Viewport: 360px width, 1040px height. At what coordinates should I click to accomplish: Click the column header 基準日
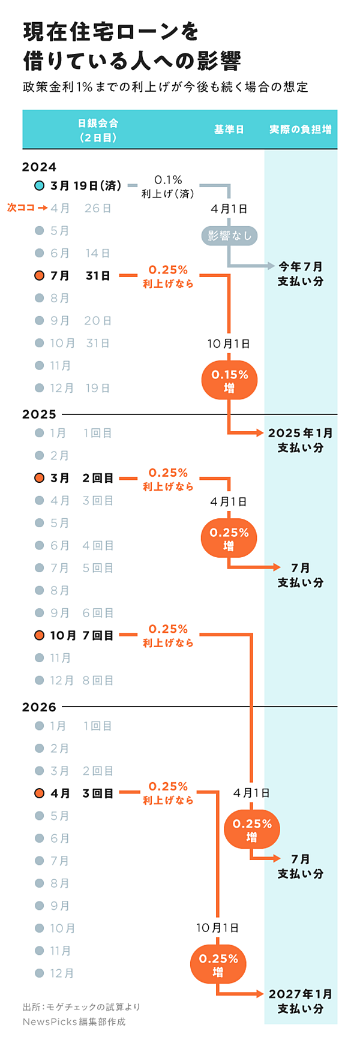point(229,130)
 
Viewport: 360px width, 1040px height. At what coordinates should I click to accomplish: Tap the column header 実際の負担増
point(300,130)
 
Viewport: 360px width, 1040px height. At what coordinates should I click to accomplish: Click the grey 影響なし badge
point(229,236)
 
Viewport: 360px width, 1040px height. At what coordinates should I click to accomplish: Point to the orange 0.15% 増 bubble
point(229,381)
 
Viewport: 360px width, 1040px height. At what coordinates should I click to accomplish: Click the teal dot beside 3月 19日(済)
point(40,186)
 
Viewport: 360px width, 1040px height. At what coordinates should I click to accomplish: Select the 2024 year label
point(39,167)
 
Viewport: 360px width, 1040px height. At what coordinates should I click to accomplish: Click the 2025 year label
point(39,414)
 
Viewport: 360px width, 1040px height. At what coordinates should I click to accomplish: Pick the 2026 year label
point(39,707)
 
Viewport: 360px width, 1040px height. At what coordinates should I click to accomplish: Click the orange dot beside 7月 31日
point(40,276)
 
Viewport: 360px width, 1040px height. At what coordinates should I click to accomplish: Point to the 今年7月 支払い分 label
point(300,273)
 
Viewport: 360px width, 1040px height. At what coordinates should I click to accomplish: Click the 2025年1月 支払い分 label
point(300,440)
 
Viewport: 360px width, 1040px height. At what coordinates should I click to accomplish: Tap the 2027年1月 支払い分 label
point(300,1001)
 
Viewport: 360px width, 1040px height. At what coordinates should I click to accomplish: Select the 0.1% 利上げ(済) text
point(168,187)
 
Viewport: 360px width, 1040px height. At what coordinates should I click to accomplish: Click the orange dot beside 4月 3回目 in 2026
point(40,793)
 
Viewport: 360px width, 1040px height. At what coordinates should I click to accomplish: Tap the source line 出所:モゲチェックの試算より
point(82,1006)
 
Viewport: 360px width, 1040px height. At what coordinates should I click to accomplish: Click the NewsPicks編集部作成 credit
point(74,1021)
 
